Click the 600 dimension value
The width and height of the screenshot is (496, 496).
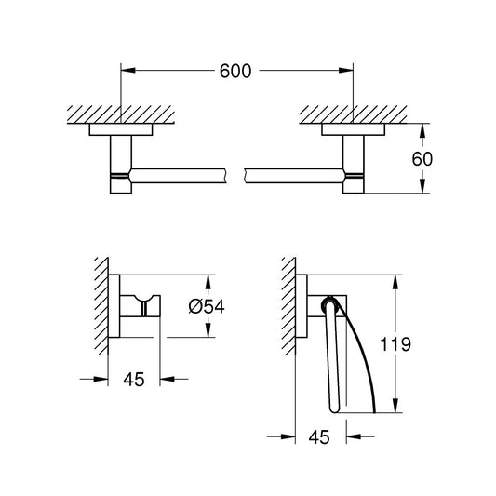(236, 71)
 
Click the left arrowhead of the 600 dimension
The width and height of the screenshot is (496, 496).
(127, 71)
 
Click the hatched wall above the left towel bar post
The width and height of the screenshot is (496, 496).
(121, 116)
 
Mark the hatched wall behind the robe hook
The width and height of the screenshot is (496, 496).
(101, 307)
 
